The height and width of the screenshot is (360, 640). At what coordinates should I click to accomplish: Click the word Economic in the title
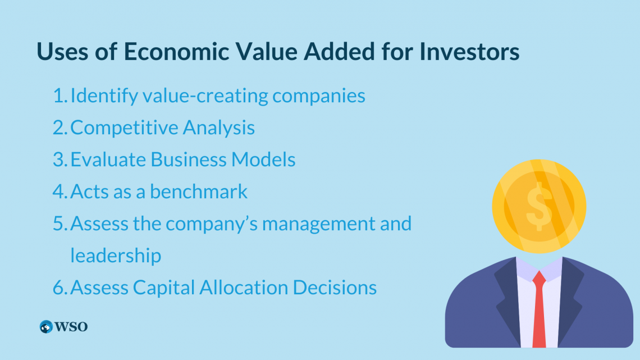(x=176, y=52)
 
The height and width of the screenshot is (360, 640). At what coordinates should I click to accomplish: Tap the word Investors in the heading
(x=469, y=52)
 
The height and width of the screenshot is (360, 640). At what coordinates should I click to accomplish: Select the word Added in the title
(x=339, y=52)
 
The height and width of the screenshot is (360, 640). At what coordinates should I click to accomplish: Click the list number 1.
(x=60, y=95)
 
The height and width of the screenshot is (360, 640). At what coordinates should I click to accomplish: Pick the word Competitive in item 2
(x=124, y=127)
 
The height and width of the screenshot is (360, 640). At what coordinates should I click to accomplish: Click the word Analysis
(x=219, y=127)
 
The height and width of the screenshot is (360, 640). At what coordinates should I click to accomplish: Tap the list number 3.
(x=60, y=160)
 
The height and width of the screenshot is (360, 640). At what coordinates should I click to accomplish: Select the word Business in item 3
(x=188, y=159)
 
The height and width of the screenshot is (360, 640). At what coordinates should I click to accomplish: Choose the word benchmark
(x=199, y=191)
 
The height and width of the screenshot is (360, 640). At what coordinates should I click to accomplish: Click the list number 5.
(x=60, y=224)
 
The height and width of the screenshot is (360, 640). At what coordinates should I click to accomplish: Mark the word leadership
(x=116, y=256)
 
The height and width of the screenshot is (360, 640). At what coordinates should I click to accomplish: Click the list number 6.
(x=60, y=288)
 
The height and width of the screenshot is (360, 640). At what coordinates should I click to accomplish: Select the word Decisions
(x=335, y=288)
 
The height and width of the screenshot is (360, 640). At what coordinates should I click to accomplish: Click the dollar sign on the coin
(x=539, y=206)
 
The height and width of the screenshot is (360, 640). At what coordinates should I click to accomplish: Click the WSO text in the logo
(x=71, y=327)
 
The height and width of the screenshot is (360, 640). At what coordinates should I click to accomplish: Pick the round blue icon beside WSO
(x=46, y=326)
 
